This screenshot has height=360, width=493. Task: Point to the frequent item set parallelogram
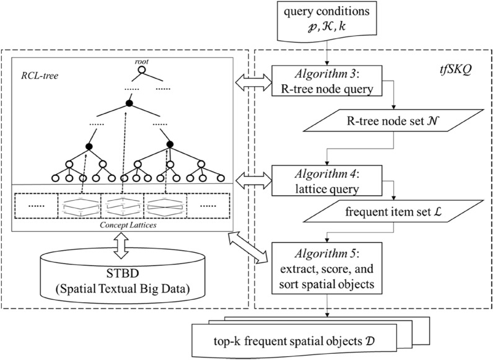click(392, 214)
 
